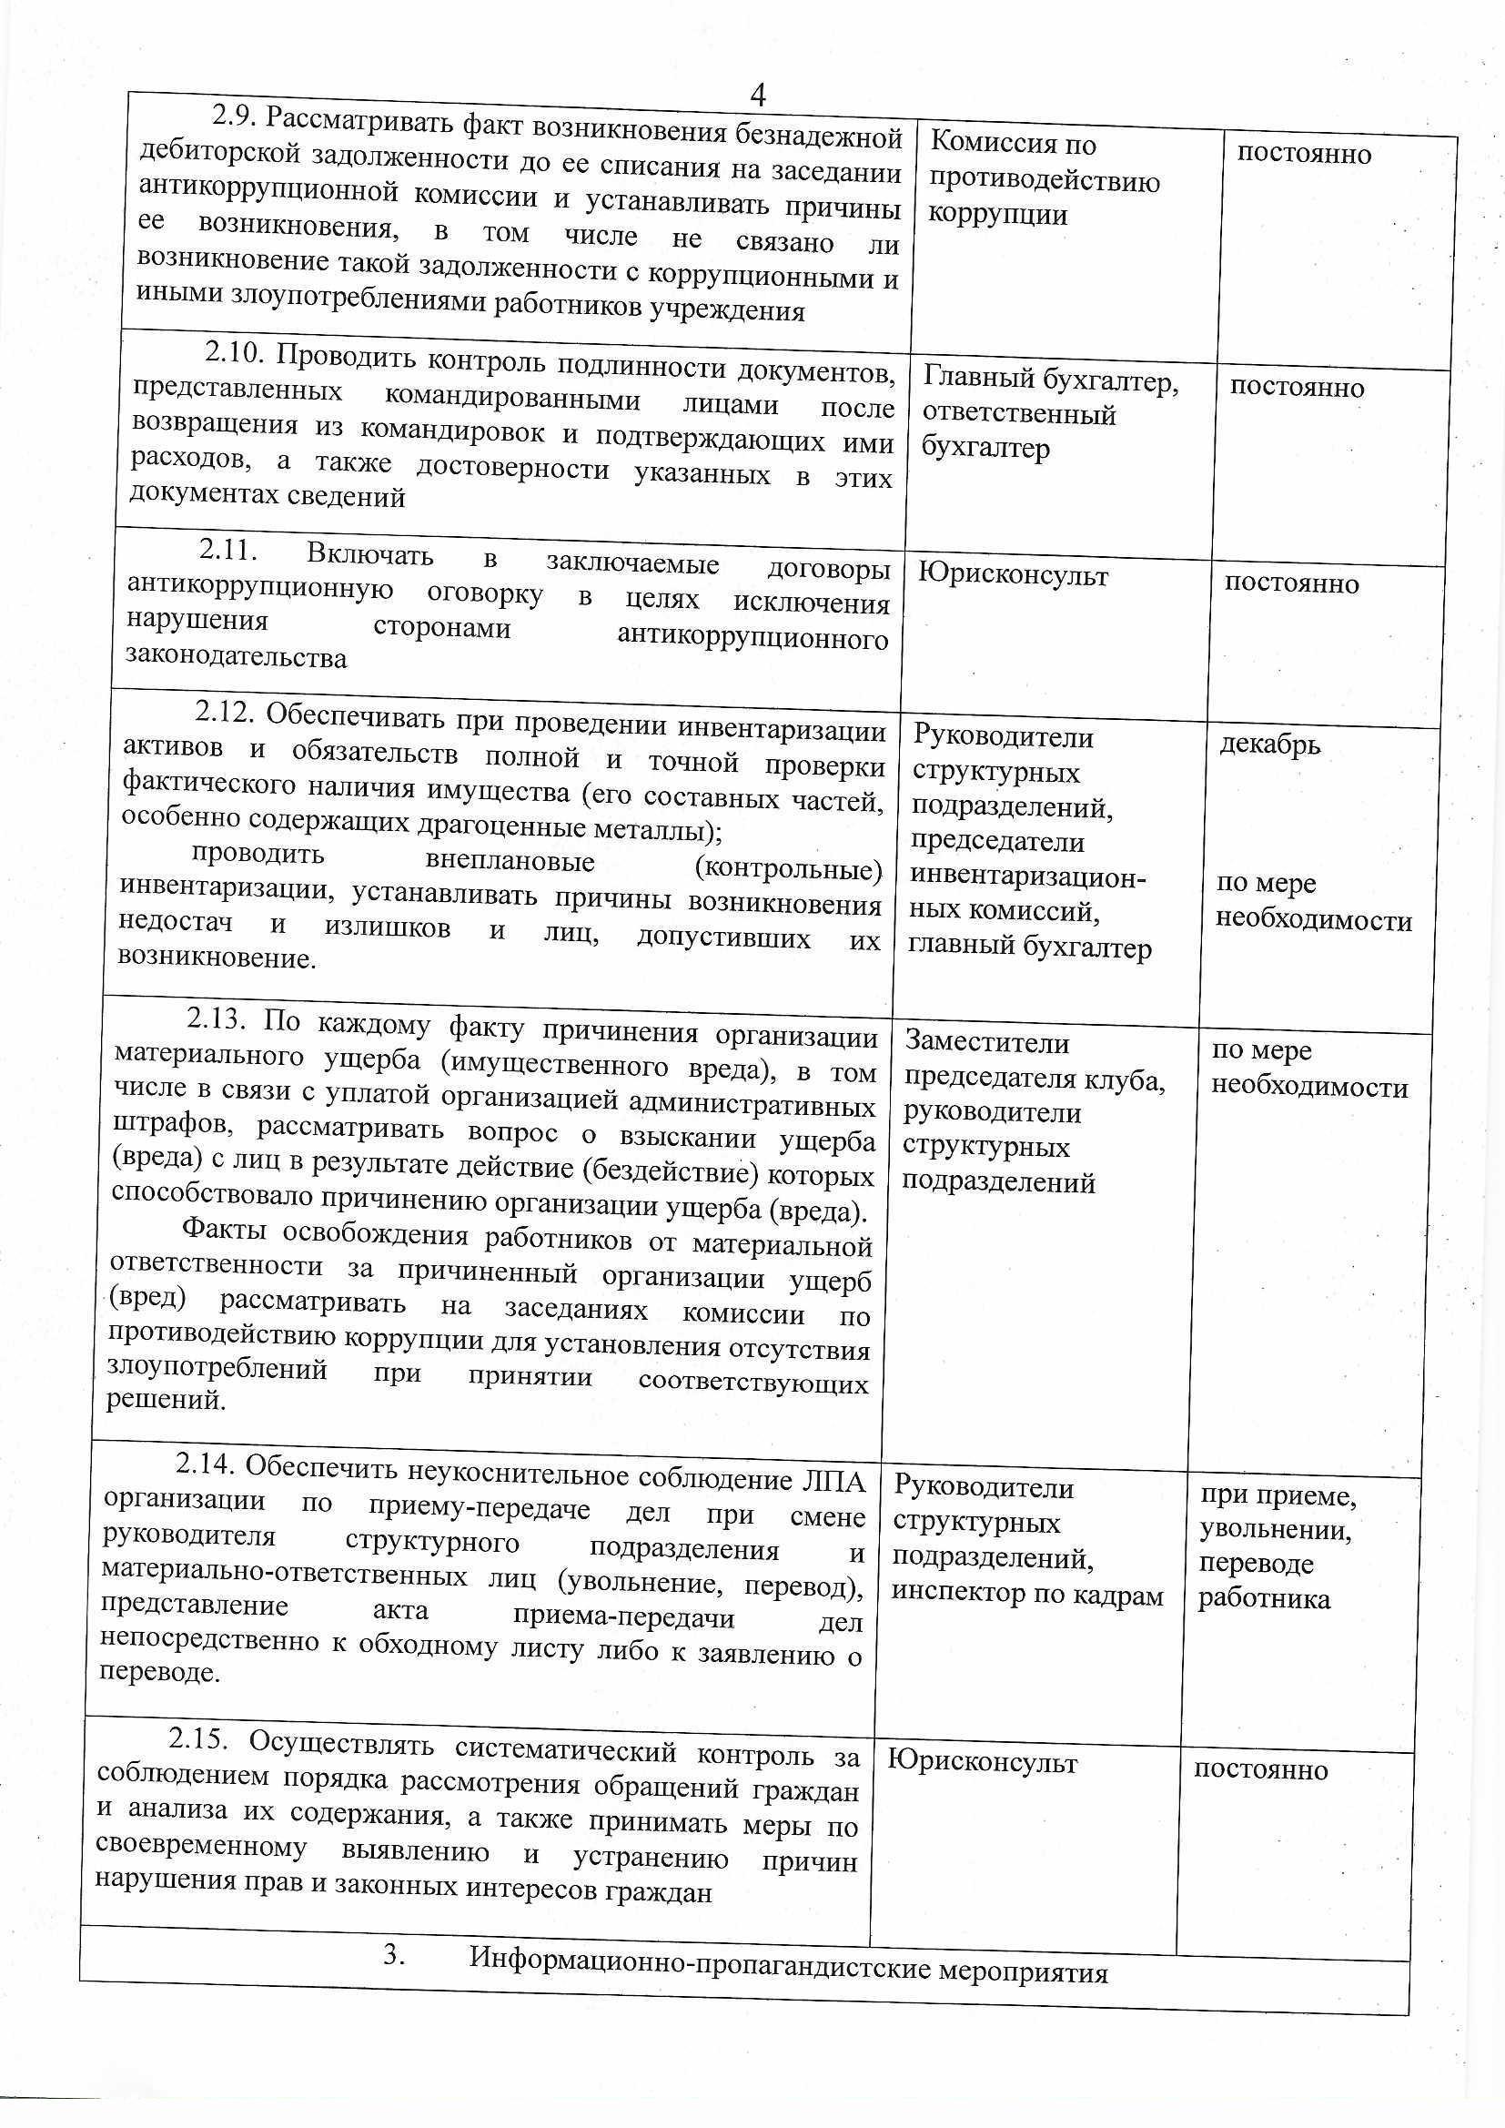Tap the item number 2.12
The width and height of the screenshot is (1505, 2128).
pos(222,712)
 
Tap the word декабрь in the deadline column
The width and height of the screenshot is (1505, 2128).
pos(1269,745)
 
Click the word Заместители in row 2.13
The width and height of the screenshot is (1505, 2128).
pos(986,1043)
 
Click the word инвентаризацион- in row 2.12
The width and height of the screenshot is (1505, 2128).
pos(1029,877)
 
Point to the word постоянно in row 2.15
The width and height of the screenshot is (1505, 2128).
pos(1260,1769)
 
